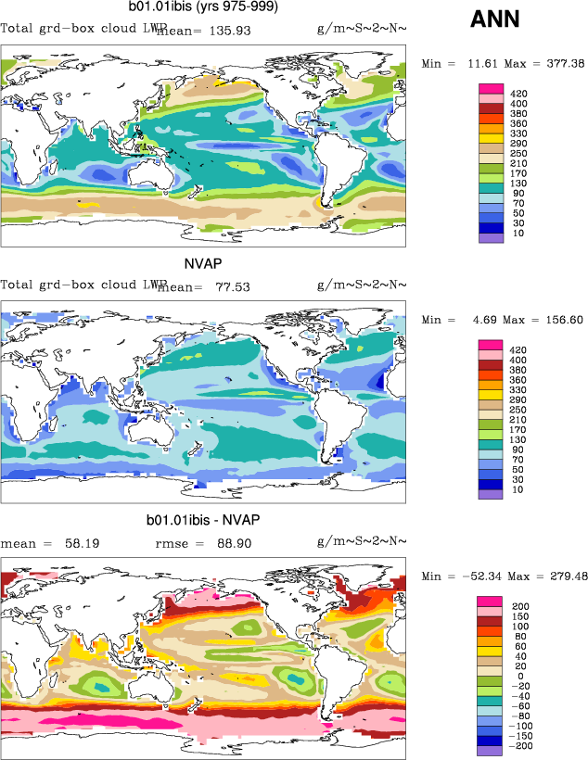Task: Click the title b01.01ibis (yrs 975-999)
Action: [203, 7]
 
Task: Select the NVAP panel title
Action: [203, 262]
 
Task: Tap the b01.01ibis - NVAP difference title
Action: [204, 518]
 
